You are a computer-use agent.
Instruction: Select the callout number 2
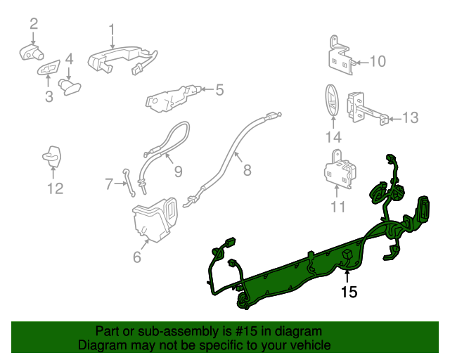tap(33, 25)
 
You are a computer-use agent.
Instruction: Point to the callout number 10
tap(377, 62)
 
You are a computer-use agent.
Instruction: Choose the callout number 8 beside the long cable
tap(247, 169)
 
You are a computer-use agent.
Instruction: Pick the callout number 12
tap(55, 188)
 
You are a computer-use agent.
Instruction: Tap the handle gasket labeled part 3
tap(48, 70)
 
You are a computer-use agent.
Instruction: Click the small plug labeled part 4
tap(70, 86)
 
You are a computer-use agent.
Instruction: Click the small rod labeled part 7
tap(127, 179)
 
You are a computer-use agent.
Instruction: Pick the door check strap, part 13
tap(366, 108)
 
